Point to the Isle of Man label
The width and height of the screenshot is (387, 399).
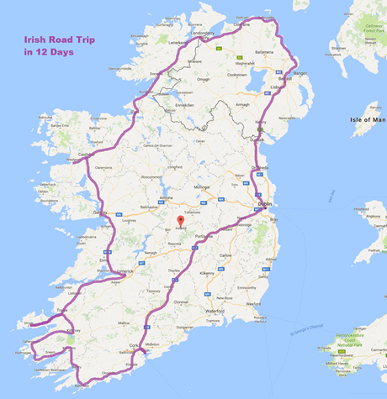coord(363,120)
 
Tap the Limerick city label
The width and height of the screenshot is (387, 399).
coord(125,272)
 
